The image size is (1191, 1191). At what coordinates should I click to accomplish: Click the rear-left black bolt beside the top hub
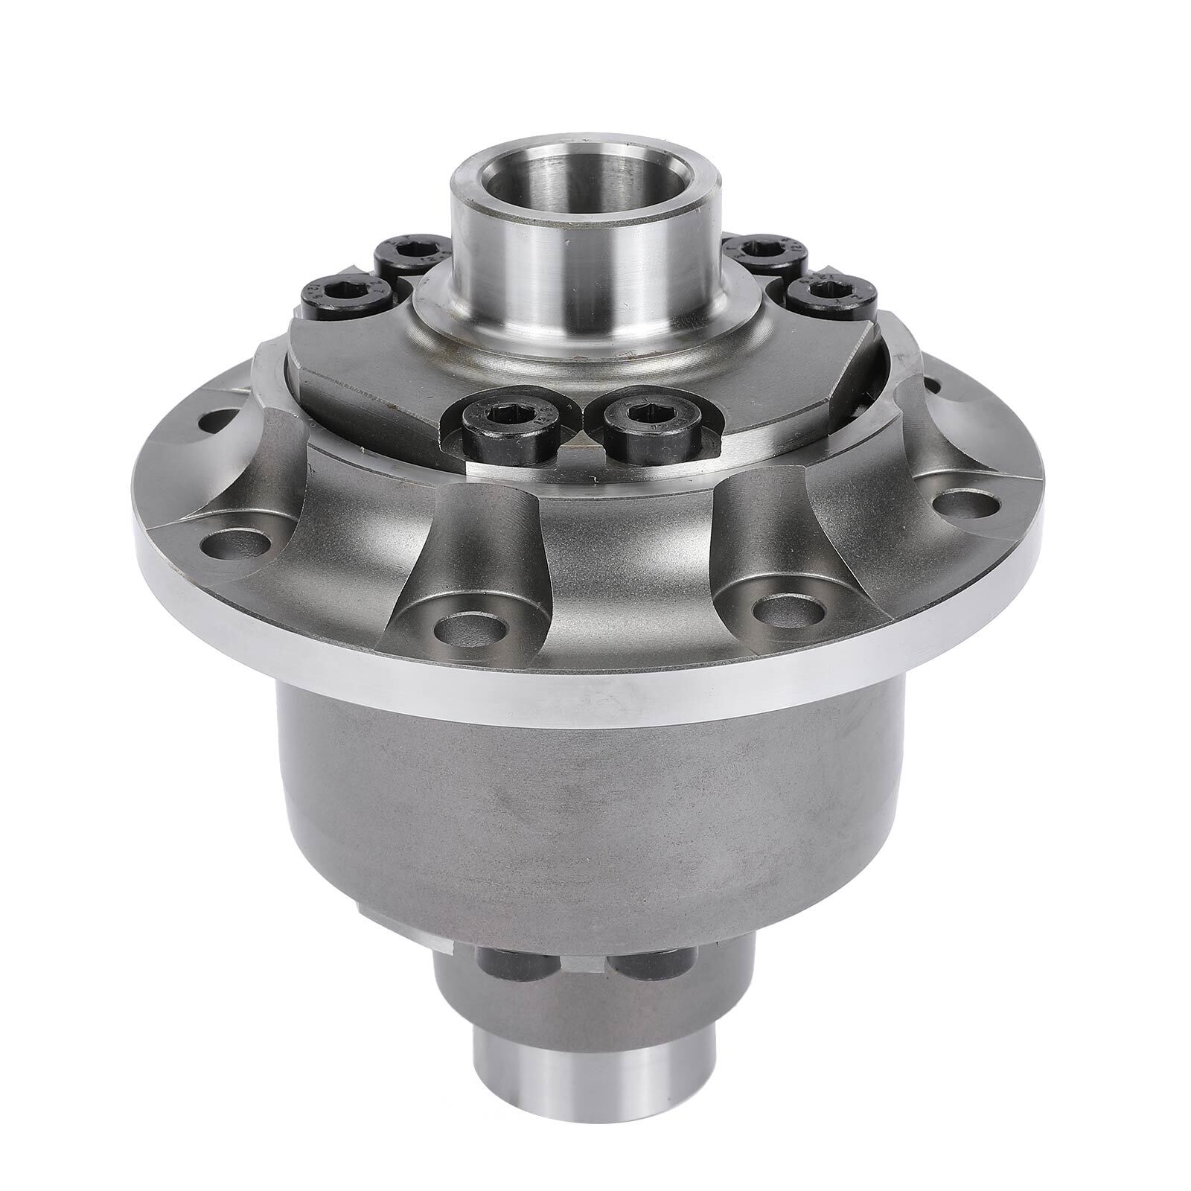407,255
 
